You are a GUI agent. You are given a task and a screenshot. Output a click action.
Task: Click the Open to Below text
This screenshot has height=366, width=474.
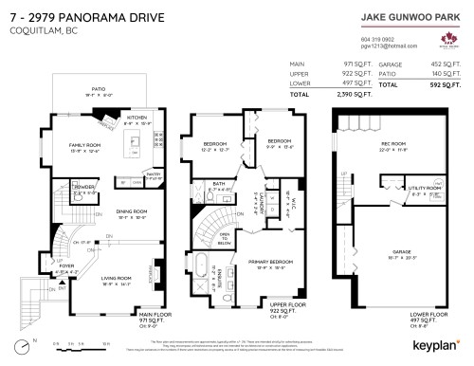click(x=225, y=239)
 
